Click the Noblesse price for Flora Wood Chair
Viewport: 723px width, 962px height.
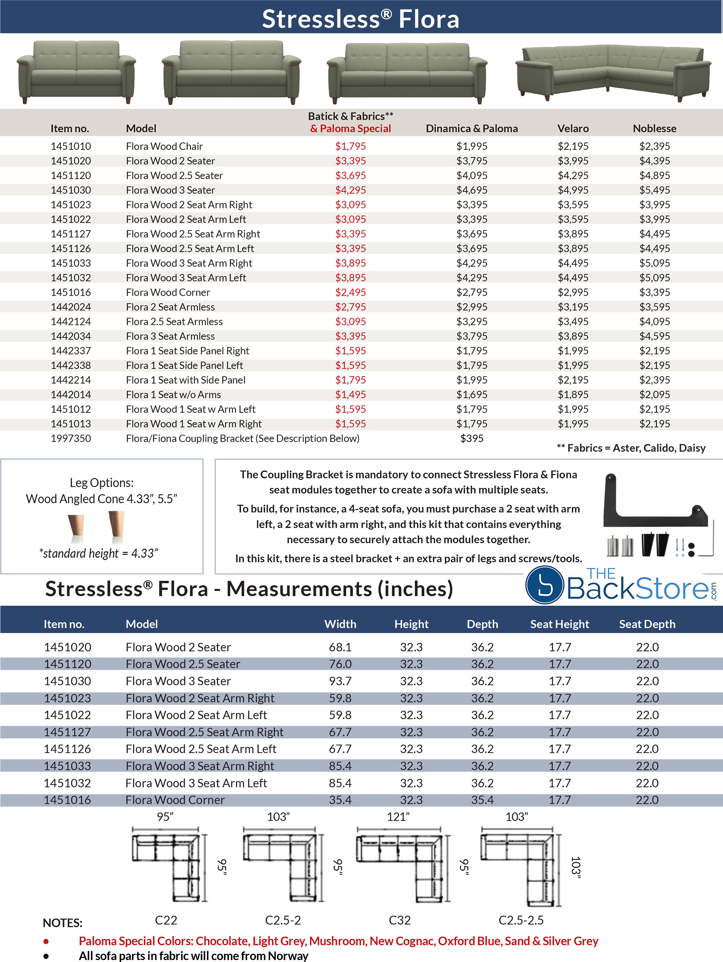654,146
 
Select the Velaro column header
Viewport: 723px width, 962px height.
573,128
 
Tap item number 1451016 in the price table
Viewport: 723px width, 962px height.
70,292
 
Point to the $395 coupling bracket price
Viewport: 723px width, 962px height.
471,438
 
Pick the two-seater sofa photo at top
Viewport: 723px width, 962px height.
77,72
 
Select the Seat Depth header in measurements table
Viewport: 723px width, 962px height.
647,624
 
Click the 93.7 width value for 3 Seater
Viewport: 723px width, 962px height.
340,681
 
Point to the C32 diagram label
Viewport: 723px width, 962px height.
399,920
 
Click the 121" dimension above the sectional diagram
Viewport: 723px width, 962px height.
398,817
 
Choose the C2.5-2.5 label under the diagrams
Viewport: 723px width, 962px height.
521,920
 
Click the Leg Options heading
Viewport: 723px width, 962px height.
101,483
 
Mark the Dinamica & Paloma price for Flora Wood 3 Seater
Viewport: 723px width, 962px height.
471,190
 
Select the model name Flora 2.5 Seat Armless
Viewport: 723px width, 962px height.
174,321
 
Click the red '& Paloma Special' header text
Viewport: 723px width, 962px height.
350,128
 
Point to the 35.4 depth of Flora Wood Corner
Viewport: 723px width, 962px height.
482,800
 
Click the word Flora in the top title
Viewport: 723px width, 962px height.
428,19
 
